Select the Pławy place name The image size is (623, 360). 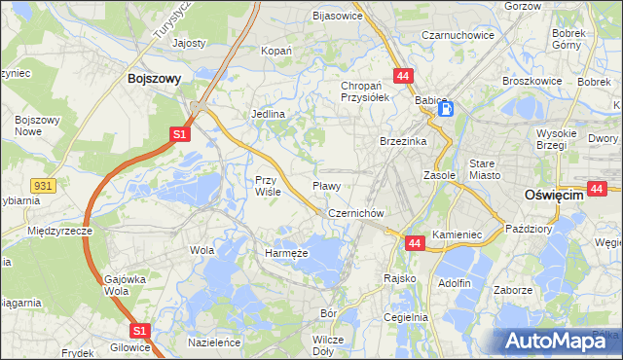click(x=326, y=185)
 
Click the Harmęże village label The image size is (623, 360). click(x=287, y=252)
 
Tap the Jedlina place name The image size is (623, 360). click(x=269, y=114)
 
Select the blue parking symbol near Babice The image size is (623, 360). click(x=445, y=109)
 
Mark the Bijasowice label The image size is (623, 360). click(x=337, y=16)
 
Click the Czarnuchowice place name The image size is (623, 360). click(x=458, y=35)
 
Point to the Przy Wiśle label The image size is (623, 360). click(x=268, y=186)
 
